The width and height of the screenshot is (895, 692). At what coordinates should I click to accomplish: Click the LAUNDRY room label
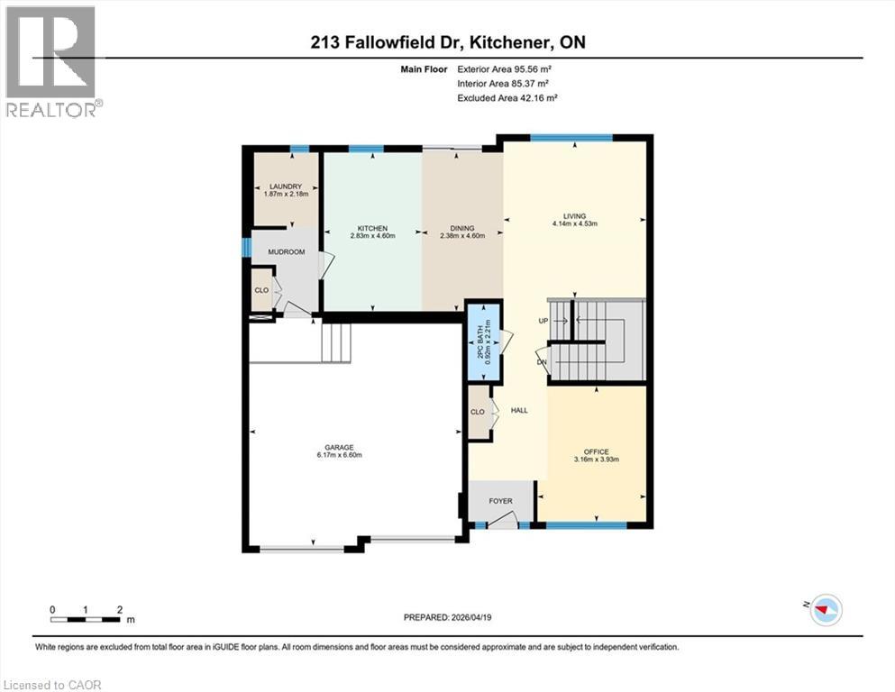(x=283, y=187)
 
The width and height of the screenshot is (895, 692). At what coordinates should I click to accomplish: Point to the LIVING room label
(x=574, y=216)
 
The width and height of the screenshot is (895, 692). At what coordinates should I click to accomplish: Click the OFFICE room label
(x=596, y=452)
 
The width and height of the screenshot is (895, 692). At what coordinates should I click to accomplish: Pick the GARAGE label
(x=339, y=448)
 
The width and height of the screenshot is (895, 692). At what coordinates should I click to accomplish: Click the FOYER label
(x=500, y=501)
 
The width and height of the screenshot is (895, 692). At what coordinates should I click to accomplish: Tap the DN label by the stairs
(x=542, y=362)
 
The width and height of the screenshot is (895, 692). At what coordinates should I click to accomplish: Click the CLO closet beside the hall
(x=478, y=412)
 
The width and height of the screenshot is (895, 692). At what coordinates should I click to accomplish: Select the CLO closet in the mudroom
(x=261, y=291)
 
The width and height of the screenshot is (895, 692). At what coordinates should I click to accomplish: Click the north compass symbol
(x=824, y=610)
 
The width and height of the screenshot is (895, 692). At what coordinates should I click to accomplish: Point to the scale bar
(x=87, y=618)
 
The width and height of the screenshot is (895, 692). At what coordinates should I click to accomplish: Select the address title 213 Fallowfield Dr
(x=447, y=41)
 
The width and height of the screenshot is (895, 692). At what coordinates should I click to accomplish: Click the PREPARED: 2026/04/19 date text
(x=447, y=617)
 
